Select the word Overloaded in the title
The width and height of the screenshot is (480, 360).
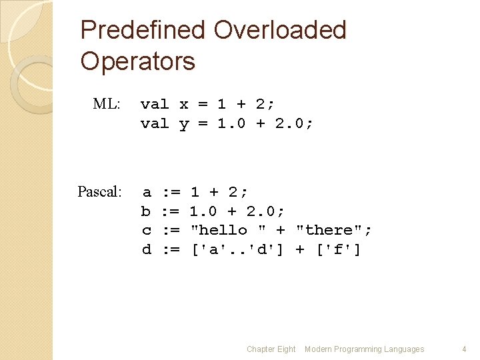coord(280,30)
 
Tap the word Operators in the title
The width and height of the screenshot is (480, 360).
coord(137,61)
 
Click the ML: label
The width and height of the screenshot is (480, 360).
coord(107,104)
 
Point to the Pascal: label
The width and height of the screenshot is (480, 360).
coord(100,192)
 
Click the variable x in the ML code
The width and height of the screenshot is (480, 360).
coord(184,105)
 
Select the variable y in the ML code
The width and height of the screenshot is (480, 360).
coord(184,123)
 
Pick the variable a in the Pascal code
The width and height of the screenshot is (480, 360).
coord(146,192)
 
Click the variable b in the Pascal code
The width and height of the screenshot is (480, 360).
coord(146,211)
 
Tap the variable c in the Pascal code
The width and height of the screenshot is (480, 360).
coord(146,230)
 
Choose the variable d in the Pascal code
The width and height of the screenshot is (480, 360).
coord(146,249)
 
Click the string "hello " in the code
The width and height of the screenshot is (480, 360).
coord(228,230)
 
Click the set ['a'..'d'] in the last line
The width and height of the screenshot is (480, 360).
coord(237,249)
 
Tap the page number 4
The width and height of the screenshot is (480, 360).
coord(464,349)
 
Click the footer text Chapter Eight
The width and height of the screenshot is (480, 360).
coord(271,349)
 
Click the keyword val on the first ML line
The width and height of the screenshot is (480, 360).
coord(155,105)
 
